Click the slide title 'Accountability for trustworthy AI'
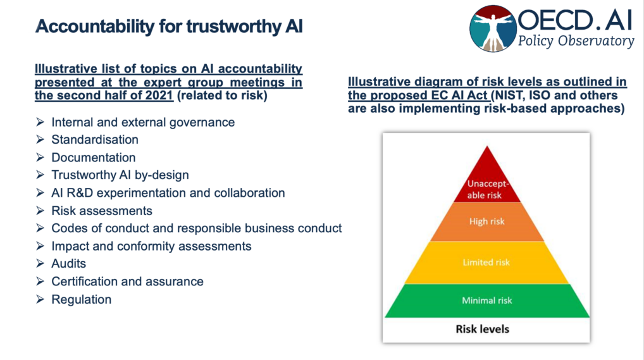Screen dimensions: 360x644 [170, 26]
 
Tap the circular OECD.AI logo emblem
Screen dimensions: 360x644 [493, 28]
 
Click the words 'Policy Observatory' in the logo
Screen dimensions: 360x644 [576, 42]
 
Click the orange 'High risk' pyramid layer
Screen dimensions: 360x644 [486, 221]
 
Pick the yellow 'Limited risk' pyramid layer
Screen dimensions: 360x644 [486, 262]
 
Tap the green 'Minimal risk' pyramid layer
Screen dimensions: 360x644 [486, 300]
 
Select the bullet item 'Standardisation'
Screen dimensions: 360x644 [95, 140]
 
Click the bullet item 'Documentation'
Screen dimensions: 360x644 [94, 158]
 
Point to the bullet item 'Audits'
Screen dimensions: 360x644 [68, 264]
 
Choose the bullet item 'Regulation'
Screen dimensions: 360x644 [82, 299]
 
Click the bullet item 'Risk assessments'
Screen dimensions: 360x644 [102, 211]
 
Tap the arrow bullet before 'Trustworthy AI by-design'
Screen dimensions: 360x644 [40, 175]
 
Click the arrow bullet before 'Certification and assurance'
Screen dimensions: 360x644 [40, 282]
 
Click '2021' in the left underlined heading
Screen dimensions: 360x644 [151, 96]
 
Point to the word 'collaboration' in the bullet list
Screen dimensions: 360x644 [250, 193]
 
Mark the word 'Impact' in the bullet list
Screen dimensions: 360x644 [70, 246]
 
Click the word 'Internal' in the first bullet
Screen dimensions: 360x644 [72, 122]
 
